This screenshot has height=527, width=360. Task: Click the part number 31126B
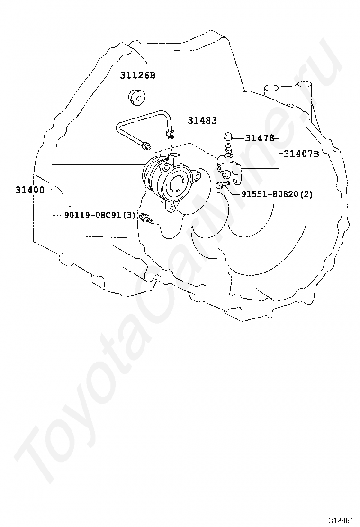[x=137, y=75]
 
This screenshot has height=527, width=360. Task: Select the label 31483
[x=202, y=120]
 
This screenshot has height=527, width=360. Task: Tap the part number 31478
[x=260, y=138]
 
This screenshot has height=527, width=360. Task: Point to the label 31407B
[x=302, y=153]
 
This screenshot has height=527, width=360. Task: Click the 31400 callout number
[x=29, y=190]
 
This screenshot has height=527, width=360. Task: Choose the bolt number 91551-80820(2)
[x=277, y=194]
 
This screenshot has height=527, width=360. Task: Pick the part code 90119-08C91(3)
[x=99, y=215]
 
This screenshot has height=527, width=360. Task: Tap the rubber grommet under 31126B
[x=137, y=97]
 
